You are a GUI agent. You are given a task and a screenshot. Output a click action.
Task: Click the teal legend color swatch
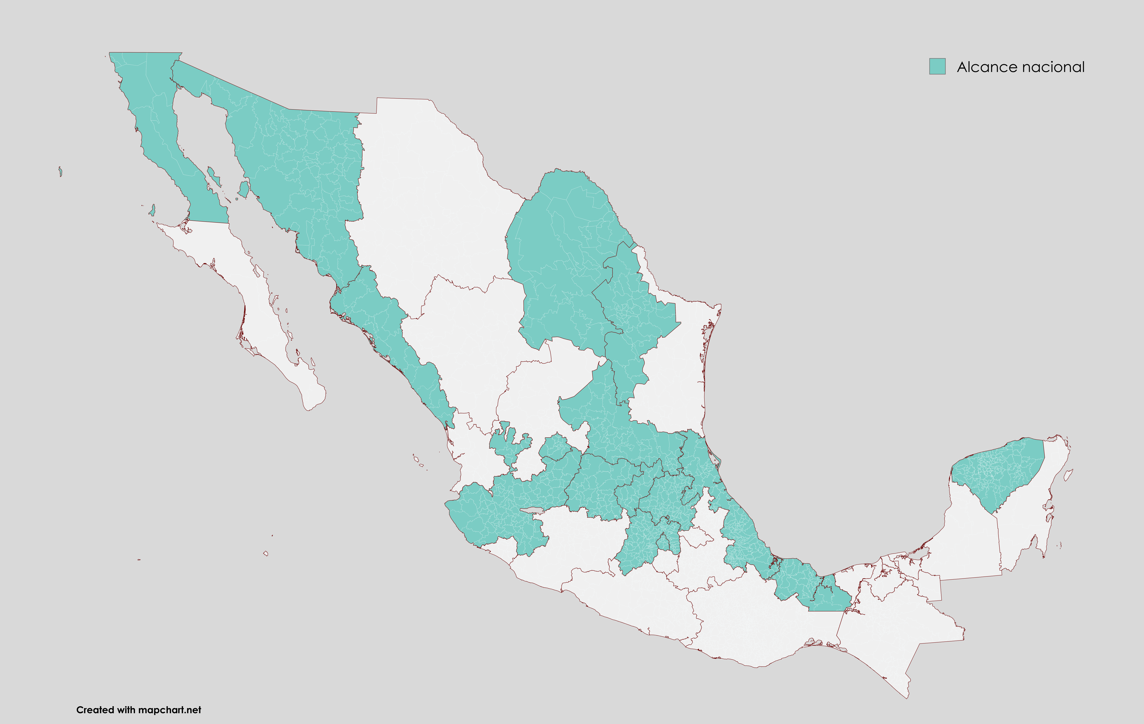coord(937,66)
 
